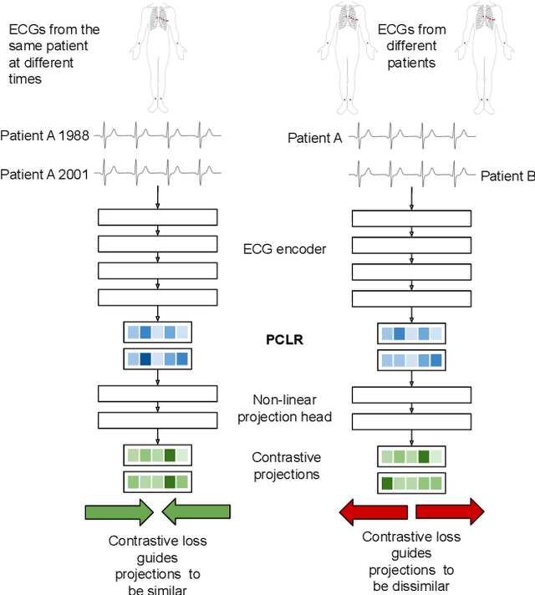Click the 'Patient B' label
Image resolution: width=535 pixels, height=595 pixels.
[x=507, y=176]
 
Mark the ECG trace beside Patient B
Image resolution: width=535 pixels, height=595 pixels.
[x=411, y=174]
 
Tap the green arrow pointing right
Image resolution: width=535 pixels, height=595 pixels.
[x=120, y=511]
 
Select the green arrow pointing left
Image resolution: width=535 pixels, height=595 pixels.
[x=196, y=511]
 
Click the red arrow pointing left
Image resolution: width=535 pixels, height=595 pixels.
[x=373, y=511]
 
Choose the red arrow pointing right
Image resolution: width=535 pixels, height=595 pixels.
[x=450, y=511]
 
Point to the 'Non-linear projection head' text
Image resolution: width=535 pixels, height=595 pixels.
[x=284, y=409]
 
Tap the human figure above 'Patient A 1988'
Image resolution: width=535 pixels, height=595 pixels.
[x=158, y=54]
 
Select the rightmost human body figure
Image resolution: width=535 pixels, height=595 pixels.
[x=483, y=54]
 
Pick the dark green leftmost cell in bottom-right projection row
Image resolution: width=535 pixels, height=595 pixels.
[x=387, y=482]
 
